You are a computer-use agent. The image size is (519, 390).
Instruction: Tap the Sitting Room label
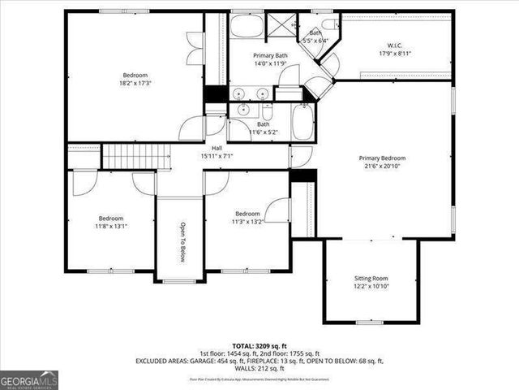(371, 278)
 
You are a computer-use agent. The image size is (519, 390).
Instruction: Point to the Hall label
(217, 148)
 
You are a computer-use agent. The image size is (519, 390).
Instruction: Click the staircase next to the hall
(136, 155)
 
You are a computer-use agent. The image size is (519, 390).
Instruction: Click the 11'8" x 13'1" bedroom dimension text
(111, 227)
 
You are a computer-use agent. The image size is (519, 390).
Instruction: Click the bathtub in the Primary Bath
(247, 25)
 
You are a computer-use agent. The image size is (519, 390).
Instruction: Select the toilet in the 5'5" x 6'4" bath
(329, 24)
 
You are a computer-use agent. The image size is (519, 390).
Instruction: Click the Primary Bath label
(248, 55)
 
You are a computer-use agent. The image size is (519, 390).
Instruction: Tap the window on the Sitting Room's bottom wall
(370, 322)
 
